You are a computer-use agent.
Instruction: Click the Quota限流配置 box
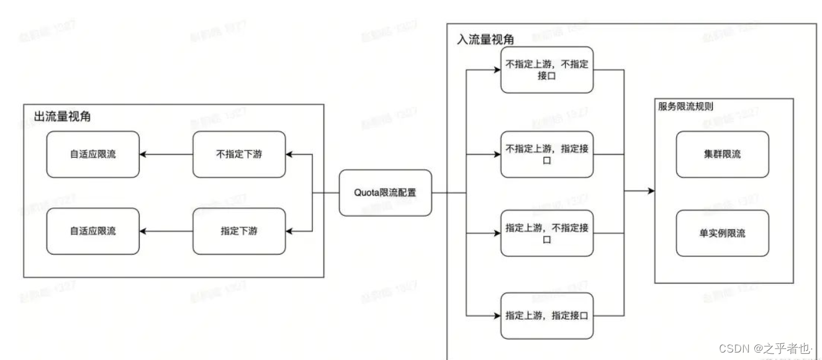coord(385,192)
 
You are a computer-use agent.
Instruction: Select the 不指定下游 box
coord(239,154)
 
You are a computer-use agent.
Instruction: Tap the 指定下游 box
coord(239,231)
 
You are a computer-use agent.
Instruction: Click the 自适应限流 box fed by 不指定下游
coord(93,154)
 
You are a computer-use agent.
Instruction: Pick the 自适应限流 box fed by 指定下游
coord(93,231)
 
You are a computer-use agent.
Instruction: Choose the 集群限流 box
coord(722,154)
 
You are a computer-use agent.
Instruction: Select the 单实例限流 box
coord(722,233)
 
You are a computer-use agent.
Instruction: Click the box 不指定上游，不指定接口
coord(546,70)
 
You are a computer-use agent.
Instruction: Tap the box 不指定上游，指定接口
coord(546,154)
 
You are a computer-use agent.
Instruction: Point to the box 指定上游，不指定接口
coord(546,233)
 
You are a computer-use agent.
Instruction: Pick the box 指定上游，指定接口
coord(546,315)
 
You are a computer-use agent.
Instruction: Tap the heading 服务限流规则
coord(685,106)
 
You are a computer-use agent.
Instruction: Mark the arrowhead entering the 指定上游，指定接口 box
coord(496,315)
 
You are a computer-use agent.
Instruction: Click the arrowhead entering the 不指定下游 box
coord(291,154)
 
